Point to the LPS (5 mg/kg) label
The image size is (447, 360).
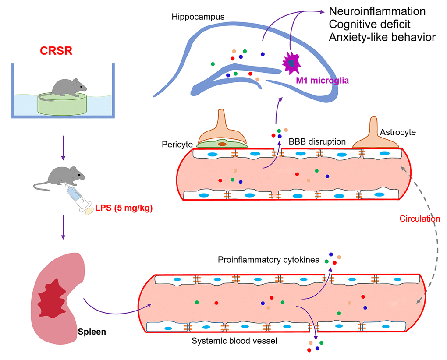click(x=124, y=208)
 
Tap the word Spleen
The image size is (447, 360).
click(x=92, y=332)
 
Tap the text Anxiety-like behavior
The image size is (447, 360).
click(x=382, y=37)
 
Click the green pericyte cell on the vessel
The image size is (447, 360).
click(x=222, y=143)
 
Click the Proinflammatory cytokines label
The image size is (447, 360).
click(x=268, y=260)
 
